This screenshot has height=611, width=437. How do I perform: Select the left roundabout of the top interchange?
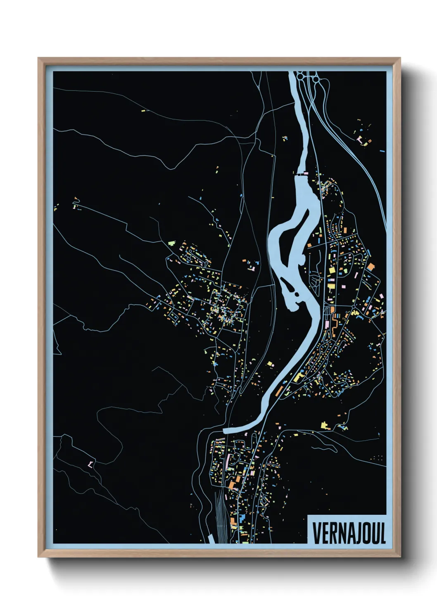(300, 76)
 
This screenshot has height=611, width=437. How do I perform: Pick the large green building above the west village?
(171, 243)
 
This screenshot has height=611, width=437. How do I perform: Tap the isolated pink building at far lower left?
(90, 464)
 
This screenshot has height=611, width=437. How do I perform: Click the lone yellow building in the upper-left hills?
(143, 110)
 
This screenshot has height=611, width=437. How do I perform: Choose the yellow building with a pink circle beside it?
(331, 285)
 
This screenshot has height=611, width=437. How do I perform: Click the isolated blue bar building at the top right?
(382, 151)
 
